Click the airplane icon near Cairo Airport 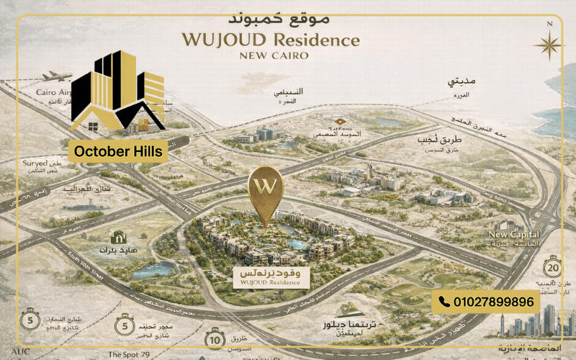[x=58, y=76]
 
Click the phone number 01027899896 [x=494, y=302]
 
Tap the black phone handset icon [x=444, y=302]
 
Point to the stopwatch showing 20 [x=553, y=266]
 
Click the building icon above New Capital [x=510, y=224]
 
